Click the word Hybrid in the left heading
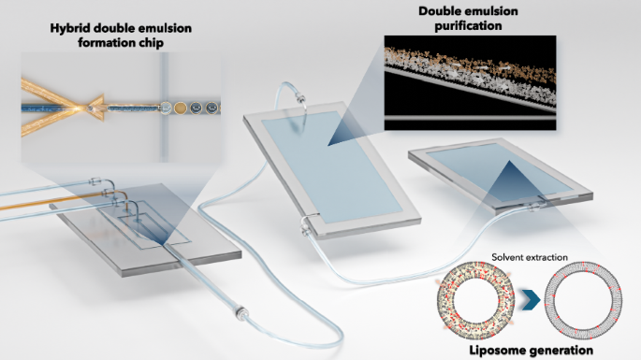[70, 29]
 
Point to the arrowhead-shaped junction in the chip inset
[98, 105]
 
